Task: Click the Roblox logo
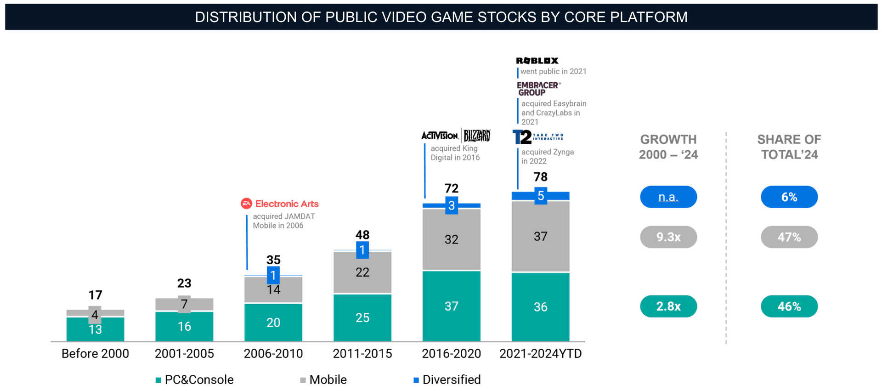(537, 61)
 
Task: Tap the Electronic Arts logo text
(286, 204)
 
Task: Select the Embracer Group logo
(538, 89)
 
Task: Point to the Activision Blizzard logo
(456, 136)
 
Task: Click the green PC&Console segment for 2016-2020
(451, 306)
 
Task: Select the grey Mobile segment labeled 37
(540, 237)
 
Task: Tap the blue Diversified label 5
(541, 196)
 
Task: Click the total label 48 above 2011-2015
(362, 235)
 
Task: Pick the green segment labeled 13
(95, 329)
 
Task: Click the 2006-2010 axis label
(273, 353)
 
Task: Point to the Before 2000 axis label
(95, 353)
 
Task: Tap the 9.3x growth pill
(668, 237)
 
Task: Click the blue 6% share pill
(789, 197)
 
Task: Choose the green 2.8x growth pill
(668, 306)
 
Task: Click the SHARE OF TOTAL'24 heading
(789, 147)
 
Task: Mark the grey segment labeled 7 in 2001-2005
(184, 304)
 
